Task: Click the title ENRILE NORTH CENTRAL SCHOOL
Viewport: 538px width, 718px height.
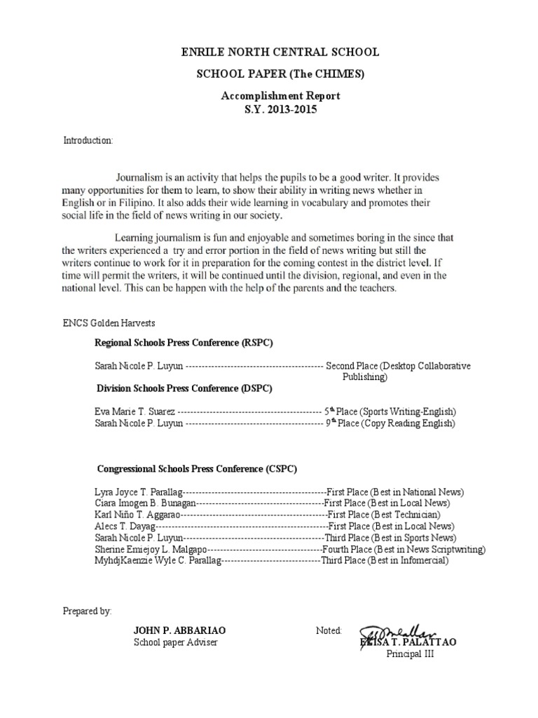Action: (x=270, y=52)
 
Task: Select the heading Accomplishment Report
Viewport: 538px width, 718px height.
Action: (x=270, y=96)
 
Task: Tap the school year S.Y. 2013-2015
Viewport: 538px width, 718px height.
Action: (x=270, y=110)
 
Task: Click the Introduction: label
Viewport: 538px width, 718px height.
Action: (x=88, y=140)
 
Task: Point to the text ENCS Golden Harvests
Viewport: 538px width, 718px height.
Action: (x=109, y=323)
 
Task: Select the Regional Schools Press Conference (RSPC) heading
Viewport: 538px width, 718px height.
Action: (x=184, y=343)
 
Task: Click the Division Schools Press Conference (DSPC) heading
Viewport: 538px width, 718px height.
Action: (x=184, y=388)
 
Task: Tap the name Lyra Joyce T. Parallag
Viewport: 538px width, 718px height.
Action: (x=138, y=492)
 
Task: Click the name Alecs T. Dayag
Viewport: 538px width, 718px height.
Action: (x=123, y=526)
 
